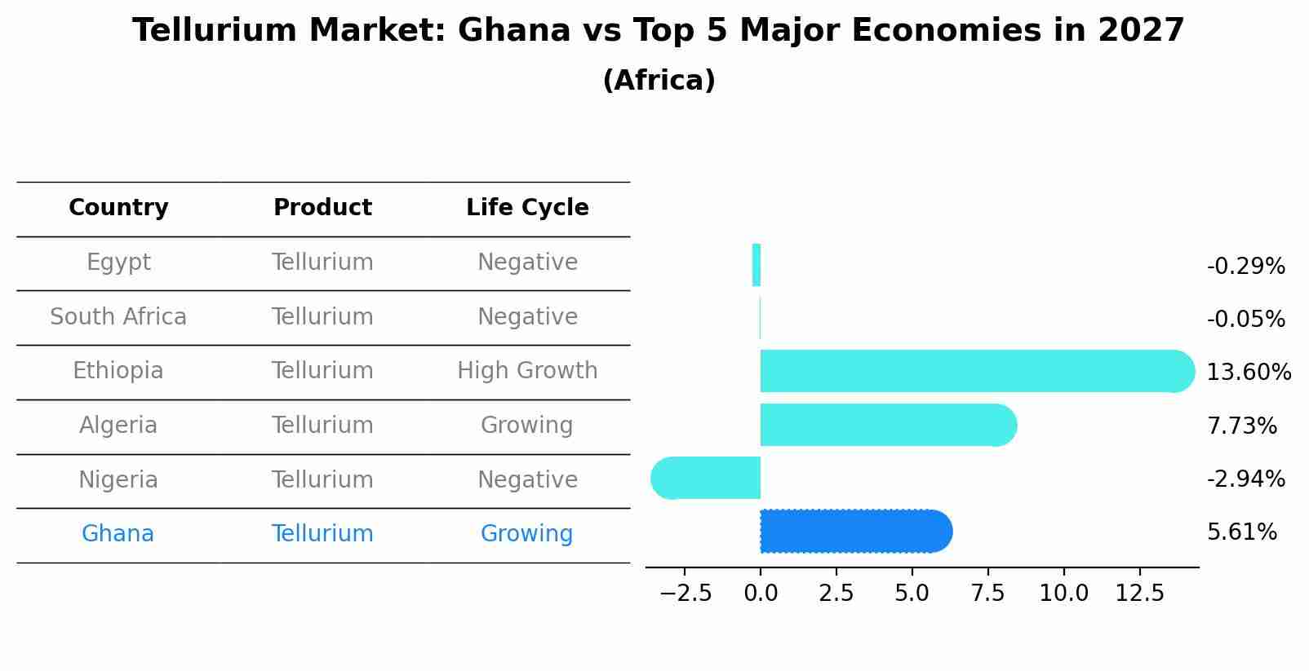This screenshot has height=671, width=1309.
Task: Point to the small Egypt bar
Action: click(x=757, y=265)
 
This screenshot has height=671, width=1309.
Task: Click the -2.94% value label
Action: click(x=1245, y=479)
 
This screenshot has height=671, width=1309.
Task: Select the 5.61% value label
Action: click(x=1241, y=532)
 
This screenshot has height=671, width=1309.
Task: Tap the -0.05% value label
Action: click(x=1245, y=319)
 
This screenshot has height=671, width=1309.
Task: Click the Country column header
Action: click(x=118, y=208)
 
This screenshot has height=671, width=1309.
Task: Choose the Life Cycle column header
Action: click(x=527, y=208)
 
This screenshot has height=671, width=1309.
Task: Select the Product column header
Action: click(x=322, y=208)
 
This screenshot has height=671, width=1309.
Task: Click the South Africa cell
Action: click(x=118, y=316)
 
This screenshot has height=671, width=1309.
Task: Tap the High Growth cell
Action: click(x=527, y=371)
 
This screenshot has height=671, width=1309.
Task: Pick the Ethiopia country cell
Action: click(x=118, y=371)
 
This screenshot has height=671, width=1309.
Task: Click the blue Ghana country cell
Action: click(x=118, y=534)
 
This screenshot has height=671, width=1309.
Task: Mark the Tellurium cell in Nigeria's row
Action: click(x=322, y=479)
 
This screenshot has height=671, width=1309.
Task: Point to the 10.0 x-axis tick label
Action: click(x=1063, y=594)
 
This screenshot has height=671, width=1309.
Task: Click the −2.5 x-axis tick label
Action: click(x=686, y=594)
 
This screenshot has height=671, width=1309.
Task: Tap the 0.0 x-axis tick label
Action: click(x=761, y=594)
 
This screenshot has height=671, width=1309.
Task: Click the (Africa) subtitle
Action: click(x=659, y=81)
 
